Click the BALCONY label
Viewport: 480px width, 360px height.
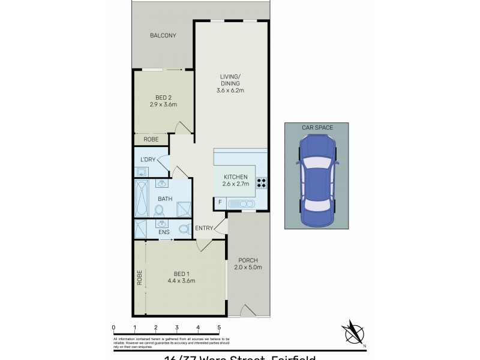163,35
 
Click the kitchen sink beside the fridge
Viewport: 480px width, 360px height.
246,204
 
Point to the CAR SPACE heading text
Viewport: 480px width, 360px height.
317,127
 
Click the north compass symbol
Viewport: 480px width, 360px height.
353,332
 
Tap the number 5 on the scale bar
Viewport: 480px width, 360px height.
219,327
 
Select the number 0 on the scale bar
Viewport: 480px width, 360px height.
113,327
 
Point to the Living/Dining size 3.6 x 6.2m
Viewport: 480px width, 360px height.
230,91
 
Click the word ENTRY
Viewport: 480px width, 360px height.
203,227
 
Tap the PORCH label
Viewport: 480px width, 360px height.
247,260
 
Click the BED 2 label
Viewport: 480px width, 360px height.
163,97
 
